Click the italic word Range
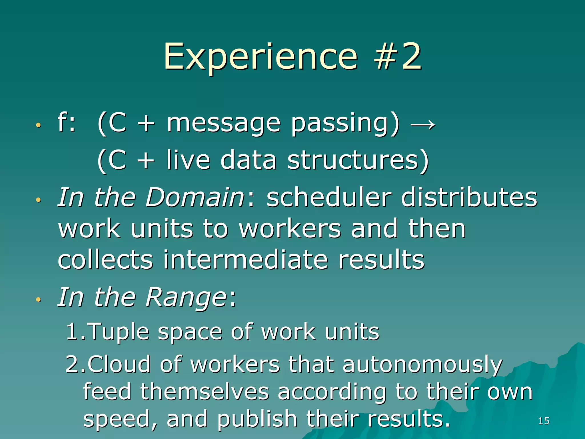(186, 297)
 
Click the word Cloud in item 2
(119, 364)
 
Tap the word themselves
(205, 392)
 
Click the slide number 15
(544, 421)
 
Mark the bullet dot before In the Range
(39, 300)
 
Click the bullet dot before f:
(39, 125)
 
